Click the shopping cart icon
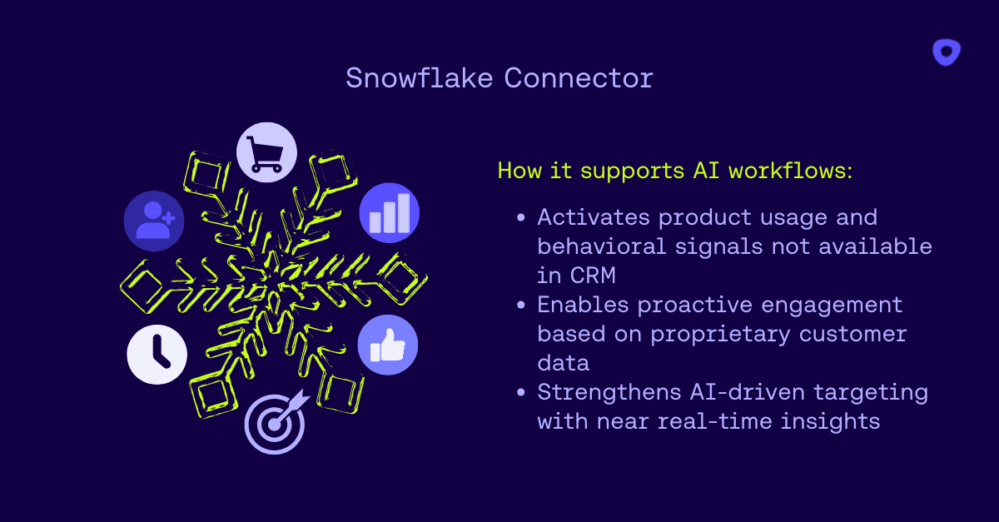click(x=266, y=152)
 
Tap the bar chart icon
click(x=390, y=213)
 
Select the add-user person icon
click(x=154, y=221)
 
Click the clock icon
click(x=157, y=354)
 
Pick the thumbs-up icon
click(x=387, y=345)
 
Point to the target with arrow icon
click(x=275, y=423)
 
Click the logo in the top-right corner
click(x=947, y=52)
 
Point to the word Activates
click(x=592, y=217)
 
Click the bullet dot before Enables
click(x=521, y=306)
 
